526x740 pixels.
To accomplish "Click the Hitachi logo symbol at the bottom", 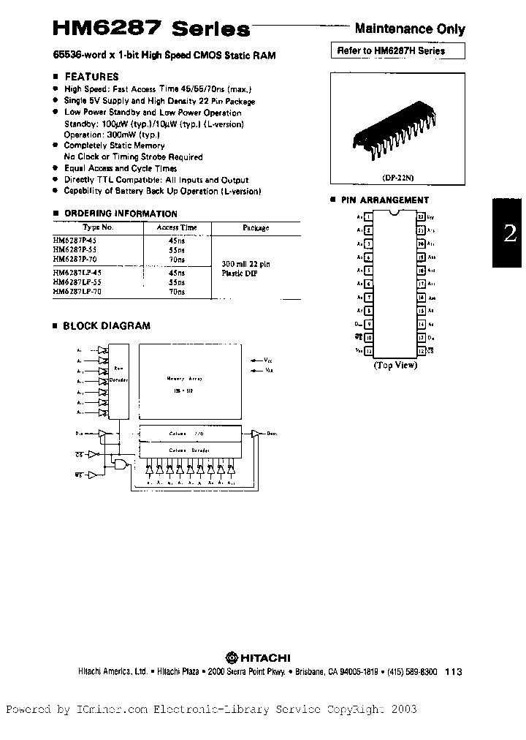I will (x=230, y=657).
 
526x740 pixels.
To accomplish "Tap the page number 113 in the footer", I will (x=454, y=672).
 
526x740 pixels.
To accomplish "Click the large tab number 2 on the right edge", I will (x=510, y=233).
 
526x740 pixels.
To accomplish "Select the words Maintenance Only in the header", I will (x=409, y=29).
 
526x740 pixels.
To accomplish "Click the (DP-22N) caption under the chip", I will (x=397, y=177).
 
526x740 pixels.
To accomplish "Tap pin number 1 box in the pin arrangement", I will (x=369, y=216).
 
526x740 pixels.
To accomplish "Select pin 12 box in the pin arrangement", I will (x=369, y=352).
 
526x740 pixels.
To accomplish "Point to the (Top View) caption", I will (x=395, y=364).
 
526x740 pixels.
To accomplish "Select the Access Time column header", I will (x=177, y=227).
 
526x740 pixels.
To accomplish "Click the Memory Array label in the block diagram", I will (x=184, y=379).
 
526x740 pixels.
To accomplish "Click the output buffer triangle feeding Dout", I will (x=255, y=434).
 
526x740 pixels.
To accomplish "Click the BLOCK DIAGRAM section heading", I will (x=107, y=325).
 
